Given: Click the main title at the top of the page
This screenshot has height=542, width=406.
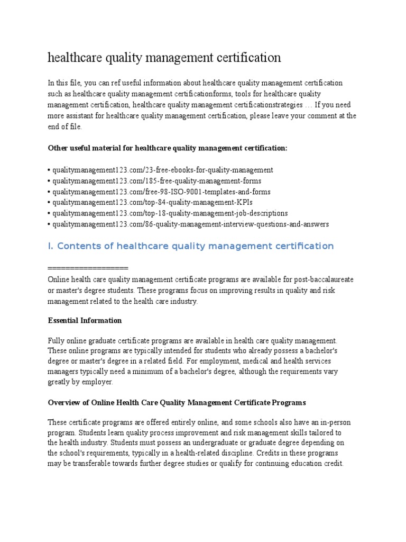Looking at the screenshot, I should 164,58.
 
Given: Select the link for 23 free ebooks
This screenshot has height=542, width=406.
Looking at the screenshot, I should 162,170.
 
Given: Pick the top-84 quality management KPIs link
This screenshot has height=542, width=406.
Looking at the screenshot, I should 151,203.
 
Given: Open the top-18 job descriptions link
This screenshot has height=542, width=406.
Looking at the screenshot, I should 169,213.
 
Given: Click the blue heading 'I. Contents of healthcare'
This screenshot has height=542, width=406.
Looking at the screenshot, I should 191,246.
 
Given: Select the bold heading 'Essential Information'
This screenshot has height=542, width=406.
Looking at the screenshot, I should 85,320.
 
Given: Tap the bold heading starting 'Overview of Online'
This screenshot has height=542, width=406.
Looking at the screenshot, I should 177,403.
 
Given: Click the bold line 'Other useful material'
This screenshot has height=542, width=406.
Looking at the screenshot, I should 168,148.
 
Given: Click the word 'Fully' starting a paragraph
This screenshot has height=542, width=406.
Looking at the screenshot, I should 57,340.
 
